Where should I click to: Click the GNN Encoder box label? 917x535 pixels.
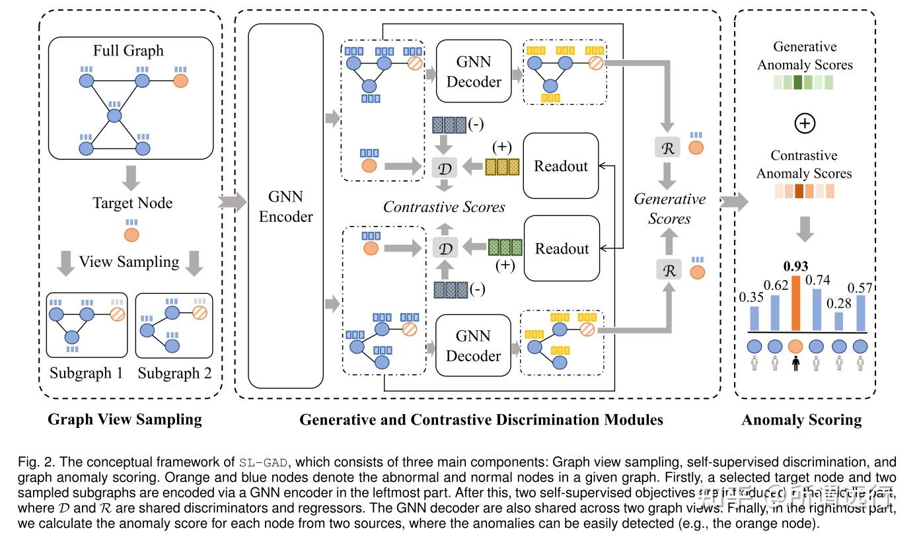(286, 206)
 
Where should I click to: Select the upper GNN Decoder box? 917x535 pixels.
(474, 71)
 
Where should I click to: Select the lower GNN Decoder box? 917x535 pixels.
(473, 345)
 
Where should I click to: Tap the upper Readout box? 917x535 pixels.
(561, 166)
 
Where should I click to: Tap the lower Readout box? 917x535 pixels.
(562, 249)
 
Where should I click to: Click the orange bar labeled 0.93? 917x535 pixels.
(796, 303)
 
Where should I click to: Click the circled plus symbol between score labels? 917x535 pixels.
(804, 124)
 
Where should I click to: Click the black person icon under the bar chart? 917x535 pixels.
(796, 363)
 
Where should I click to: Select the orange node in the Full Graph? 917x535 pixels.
(180, 81)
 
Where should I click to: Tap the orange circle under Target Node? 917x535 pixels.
(131, 234)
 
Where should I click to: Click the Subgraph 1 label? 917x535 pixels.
(86, 373)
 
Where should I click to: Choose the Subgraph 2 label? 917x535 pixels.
(174, 373)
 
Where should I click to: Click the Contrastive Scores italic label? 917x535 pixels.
(444, 207)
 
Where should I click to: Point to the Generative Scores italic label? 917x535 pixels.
(670, 209)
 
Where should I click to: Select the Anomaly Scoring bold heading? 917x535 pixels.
(801, 420)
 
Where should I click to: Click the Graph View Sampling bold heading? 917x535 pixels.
(125, 420)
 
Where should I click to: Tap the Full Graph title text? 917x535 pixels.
(128, 51)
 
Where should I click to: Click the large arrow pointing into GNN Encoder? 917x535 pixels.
(231, 201)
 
